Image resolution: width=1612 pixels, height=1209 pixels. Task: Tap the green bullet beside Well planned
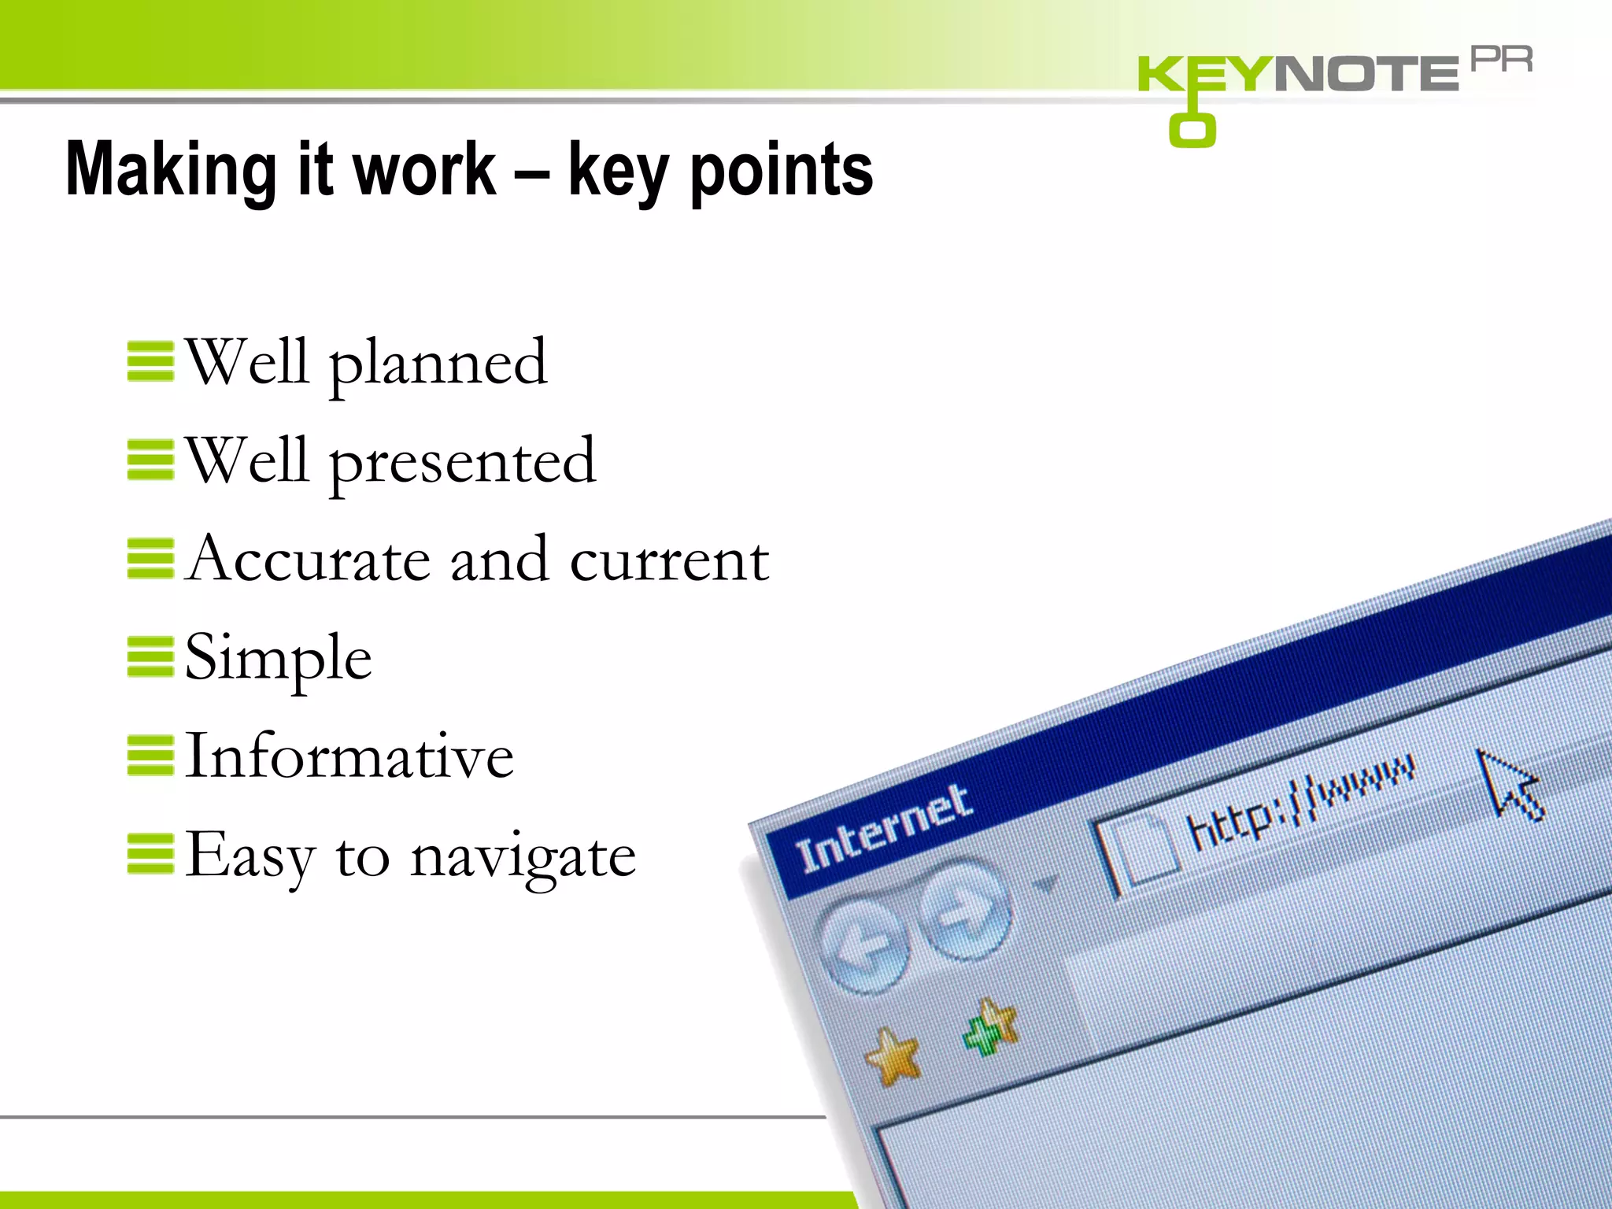[x=150, y=361]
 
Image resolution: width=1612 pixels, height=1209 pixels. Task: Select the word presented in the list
[x=462, y=462]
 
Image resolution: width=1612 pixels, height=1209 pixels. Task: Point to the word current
[x=669, y=560]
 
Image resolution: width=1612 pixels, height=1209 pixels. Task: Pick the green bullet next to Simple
[x=150, y=656]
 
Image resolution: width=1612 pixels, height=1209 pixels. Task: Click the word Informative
[x=349, y=756]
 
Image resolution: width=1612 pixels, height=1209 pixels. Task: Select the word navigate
[x=523, y=857]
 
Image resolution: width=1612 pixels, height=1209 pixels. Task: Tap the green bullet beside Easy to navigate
[x=150, y=854]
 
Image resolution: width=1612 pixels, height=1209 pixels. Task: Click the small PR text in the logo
[x=1501, y=60]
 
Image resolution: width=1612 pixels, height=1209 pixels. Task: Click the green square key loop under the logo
[x=1192, y=131]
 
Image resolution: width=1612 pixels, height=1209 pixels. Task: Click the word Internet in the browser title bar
[x=883, y=829]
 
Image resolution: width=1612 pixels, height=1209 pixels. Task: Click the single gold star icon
[x=893, y=1056]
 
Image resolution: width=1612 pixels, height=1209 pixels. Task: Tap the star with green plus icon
[x=991, y=1027]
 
